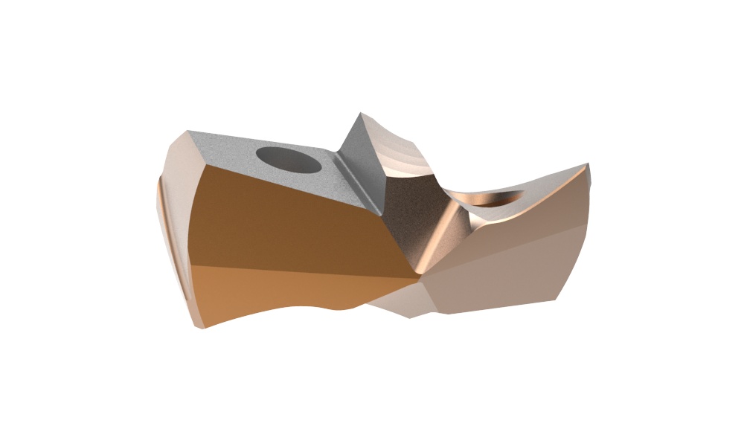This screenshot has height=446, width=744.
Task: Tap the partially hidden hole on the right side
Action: pos(496,199)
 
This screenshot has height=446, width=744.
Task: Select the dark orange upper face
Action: pos(290,223)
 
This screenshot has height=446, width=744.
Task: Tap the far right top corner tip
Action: pos(588,164)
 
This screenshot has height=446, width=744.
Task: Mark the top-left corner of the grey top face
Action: pos(190,132)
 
